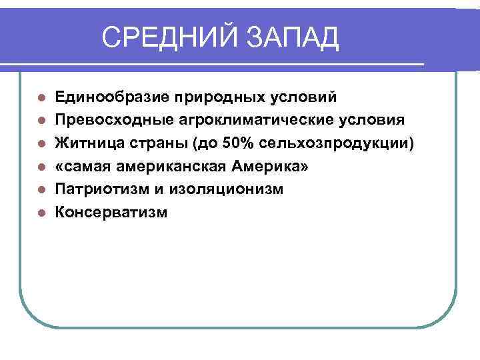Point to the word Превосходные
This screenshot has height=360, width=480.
[111, 121]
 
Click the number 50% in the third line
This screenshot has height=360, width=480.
[226, 143]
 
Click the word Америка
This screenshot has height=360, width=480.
[276, 167]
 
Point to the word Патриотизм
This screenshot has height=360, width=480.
[99, 189]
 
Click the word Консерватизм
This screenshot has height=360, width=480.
[111, 213]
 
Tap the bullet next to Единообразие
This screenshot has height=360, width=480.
[41, 98]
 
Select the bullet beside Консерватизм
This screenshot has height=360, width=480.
[41, 213]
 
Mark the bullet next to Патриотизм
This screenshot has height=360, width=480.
[41, 190]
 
